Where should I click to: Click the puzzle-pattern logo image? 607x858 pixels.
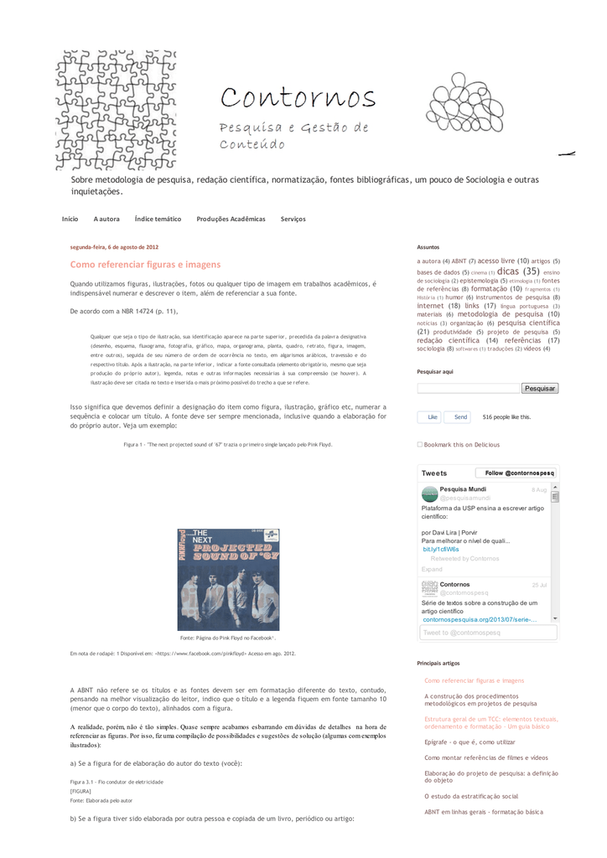click(x=117, y=108)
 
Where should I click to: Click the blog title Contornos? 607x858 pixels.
click(x=298, y=99)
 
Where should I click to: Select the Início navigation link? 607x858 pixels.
click(x=70, y=219)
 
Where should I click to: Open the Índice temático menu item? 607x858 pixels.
click(x=158, y=219)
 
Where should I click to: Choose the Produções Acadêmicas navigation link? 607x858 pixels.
click(x=231, y=219)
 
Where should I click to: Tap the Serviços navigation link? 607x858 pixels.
click(x=293, y=219)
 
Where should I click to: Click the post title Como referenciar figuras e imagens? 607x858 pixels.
click(x=145, y=264)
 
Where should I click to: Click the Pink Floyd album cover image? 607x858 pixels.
click(x=228, y=579)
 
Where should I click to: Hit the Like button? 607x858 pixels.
click(x=430, y=416)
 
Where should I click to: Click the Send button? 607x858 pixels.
click(x=460, y=416)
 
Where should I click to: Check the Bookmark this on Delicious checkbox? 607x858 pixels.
click(x=420, y=445)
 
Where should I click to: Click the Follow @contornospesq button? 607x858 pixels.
click(x=521, y=473)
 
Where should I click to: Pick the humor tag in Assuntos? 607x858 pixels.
click(x=454, y=297)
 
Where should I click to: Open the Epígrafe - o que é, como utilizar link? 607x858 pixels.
click(x=470, y=742)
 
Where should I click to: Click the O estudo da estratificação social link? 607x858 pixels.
click(x=471, y=796)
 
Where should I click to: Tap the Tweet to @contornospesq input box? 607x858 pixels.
click(x=486, y=633)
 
